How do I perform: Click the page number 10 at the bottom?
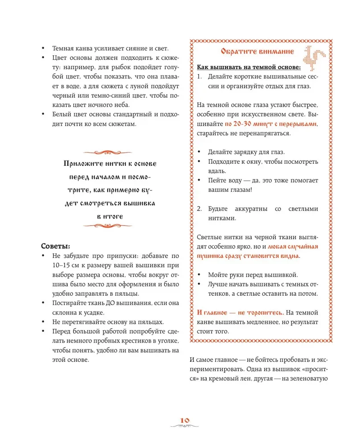coord(185,420)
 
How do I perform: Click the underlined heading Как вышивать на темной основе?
coord(249,68)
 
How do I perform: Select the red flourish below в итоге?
coord(110,226)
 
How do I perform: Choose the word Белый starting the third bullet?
coord(62,115)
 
